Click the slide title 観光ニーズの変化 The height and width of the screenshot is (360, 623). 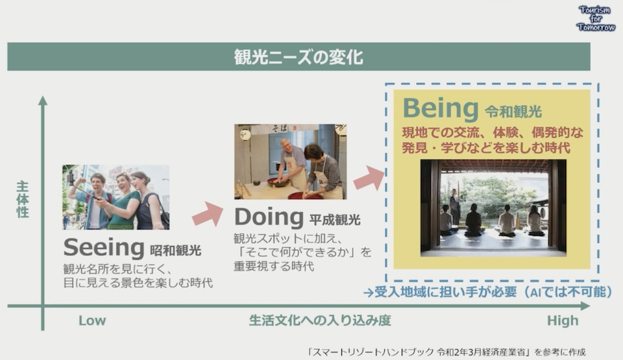298,57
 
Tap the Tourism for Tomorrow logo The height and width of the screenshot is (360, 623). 596,19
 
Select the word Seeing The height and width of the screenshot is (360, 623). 104,247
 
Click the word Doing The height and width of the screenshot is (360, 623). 269,217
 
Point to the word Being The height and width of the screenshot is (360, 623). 441,108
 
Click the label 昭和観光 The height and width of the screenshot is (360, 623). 176,250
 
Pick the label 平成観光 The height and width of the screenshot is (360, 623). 335,219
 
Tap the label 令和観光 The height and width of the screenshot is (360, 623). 513,112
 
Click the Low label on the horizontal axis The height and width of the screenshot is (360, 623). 92,320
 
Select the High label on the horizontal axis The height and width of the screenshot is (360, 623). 563,320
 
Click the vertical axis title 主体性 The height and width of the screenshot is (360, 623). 23,199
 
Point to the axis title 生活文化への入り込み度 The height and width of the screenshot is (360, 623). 320,320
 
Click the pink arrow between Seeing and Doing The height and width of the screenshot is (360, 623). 208,214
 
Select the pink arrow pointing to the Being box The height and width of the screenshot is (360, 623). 369,178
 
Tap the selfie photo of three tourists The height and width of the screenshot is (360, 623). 116,197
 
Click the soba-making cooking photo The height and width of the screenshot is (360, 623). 291,162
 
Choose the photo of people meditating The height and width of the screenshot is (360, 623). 493,208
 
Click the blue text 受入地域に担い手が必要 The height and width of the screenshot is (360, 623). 445,292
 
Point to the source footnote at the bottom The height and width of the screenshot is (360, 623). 446,352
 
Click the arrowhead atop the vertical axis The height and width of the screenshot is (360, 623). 43,100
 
